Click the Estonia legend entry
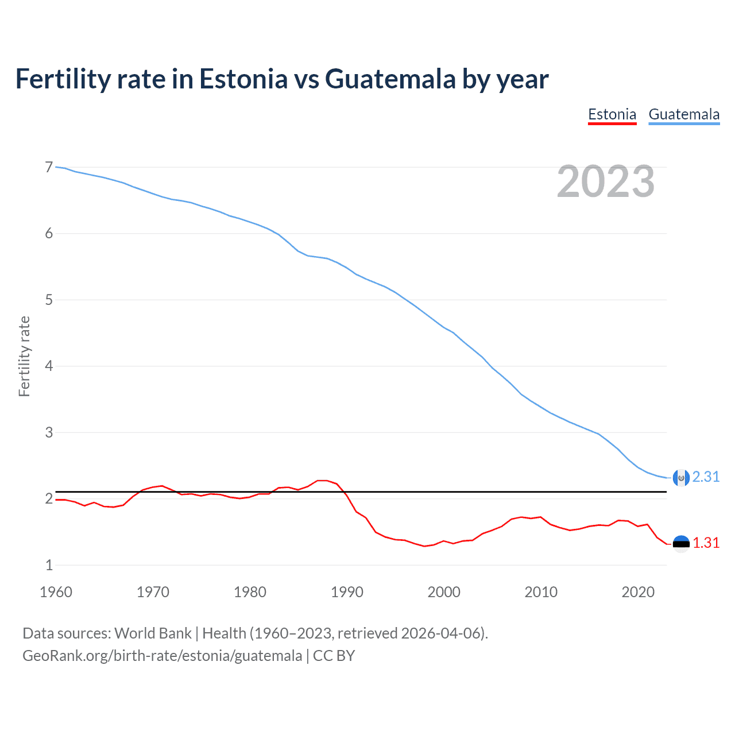coord(612,114)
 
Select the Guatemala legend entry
coord(684,114)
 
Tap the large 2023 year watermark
coord(605,181)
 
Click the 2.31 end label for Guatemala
coord(706,477)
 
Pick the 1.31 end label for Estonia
coord(706,543)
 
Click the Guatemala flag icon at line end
coord(681,477)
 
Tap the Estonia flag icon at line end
coord(681,543)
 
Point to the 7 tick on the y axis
coord(49,167)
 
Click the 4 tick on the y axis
coord(49,366)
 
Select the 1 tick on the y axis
coord(49,565)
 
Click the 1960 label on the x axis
coord(56,592)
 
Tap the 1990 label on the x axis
coord(347,592)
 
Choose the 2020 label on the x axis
coord(638,592)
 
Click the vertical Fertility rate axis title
coord(24,356)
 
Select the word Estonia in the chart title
coord(243,79)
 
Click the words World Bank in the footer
coord(153,633)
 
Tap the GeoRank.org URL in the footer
coord(162,656)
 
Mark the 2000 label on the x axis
coord(444,592)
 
